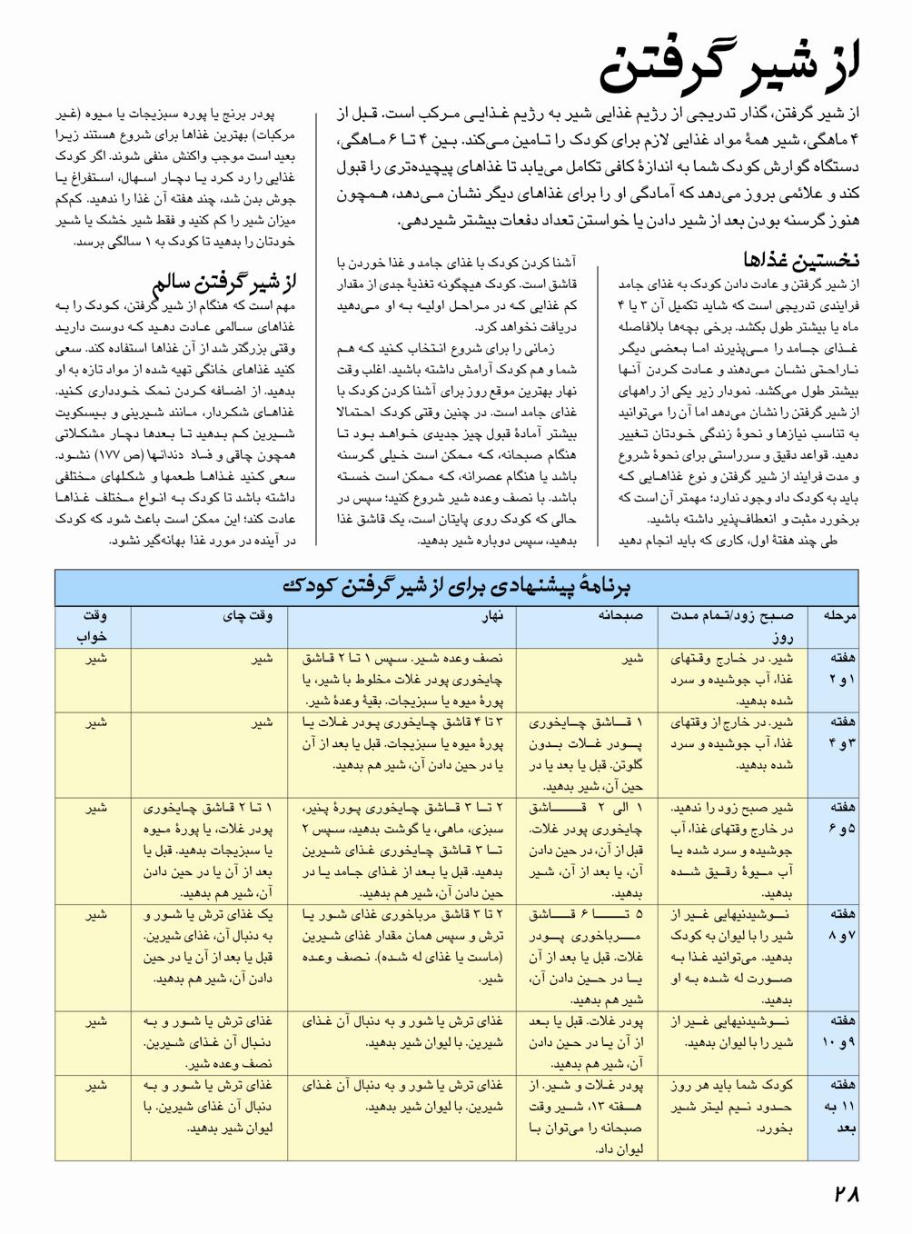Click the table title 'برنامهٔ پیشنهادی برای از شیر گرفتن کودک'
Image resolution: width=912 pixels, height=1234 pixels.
coord(456,587)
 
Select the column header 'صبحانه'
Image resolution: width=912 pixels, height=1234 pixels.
coord(620,615)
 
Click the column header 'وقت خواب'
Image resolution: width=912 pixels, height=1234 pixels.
coord(95,625)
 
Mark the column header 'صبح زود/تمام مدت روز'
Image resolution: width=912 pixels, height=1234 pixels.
coord(736,625)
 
